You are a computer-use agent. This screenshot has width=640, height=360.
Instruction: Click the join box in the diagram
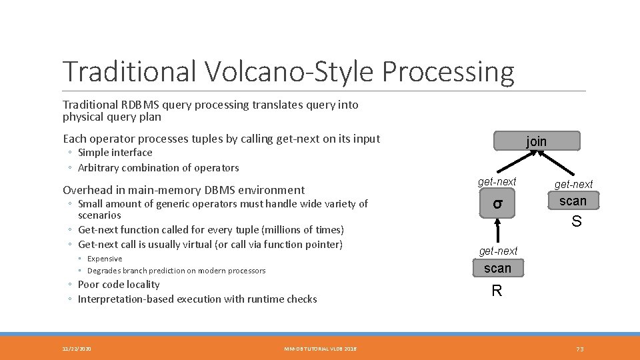(537, 141)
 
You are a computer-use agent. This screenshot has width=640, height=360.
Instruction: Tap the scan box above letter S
(573, 201)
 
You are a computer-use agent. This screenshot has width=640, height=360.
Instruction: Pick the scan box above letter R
(498, 268)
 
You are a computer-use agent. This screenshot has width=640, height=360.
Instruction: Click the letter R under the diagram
(497, 291)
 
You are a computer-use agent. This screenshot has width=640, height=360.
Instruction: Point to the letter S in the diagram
(576, 222)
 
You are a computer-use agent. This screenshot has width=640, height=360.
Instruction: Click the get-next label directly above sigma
(497, 181)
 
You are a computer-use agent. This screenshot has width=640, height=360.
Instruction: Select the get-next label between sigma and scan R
(498, 251)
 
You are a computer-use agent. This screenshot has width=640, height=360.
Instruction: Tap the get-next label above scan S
(573, 184)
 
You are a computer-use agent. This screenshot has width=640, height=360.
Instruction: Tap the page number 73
(579, 349)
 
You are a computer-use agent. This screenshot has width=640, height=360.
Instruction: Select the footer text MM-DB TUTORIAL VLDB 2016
(320, 349)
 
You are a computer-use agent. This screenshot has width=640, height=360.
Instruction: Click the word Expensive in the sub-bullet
(105, 259)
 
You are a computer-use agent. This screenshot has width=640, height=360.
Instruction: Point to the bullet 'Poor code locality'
(119, 284)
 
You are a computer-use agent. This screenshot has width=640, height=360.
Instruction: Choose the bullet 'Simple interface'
(115, 152)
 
